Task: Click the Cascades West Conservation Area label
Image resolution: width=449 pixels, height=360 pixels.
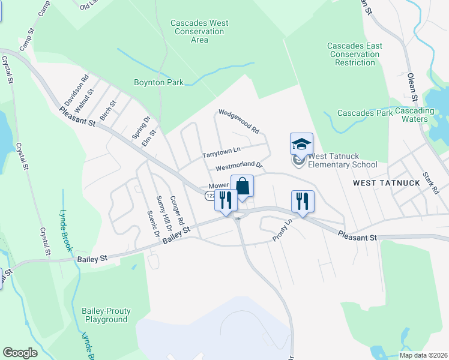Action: pyautogui.click(x=199, y=32)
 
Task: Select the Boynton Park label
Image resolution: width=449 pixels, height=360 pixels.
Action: pyautogui.click(x=158, y=82)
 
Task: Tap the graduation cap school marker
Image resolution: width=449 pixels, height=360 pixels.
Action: pyautogui.click(x=301, y=144)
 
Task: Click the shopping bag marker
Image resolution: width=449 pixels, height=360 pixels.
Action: pyautogui.click(x=242, y=186)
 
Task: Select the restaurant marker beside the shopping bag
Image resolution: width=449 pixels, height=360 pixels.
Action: pyautogui.click(x=226, y=200)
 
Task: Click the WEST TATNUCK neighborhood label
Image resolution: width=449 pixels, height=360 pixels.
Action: pyautogui.click(x=380, y=182)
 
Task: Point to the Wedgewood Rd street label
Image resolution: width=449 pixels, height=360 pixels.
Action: pyautogui.click(x=238, y=121)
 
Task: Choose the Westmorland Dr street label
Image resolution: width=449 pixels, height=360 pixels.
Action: pyautogui.click(x=240, y=166)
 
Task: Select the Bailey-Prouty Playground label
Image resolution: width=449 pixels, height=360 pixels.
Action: pyautogui.click(x=106, y=315)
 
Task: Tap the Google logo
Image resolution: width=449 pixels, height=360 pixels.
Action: pyautogui.click(x=20, y=352)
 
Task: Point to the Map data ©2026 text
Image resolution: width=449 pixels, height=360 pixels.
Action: pyautogui.click(x=423, y=355)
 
